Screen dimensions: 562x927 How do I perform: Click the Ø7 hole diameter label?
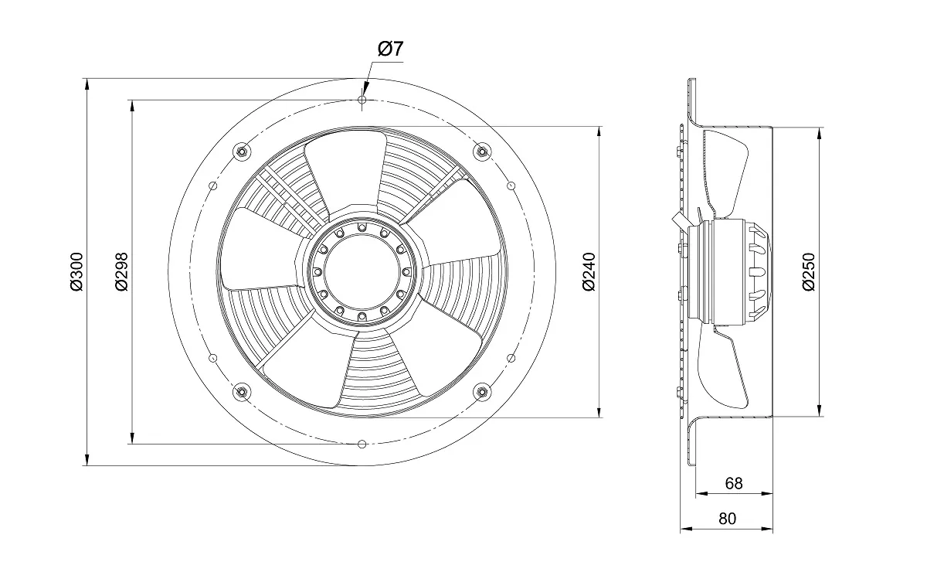pos(390,49)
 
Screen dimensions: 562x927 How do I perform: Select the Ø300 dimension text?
pos(76,273)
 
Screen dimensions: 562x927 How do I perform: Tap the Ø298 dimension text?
pos(121,273)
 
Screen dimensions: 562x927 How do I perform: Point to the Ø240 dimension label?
pos(589,273)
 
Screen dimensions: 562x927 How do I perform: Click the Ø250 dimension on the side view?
pos(808,273)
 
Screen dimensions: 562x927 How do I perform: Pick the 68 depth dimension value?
pos(733,483)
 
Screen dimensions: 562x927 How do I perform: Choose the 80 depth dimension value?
pos(727,519)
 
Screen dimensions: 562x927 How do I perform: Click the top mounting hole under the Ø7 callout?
pos(362,100)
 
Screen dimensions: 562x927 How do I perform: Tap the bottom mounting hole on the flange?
pos(362,444)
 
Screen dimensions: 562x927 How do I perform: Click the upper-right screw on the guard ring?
pos(483,151)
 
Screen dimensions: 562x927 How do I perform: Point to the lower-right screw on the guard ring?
pos(483,392)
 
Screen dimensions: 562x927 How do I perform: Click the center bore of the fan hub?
pos(362,272)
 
